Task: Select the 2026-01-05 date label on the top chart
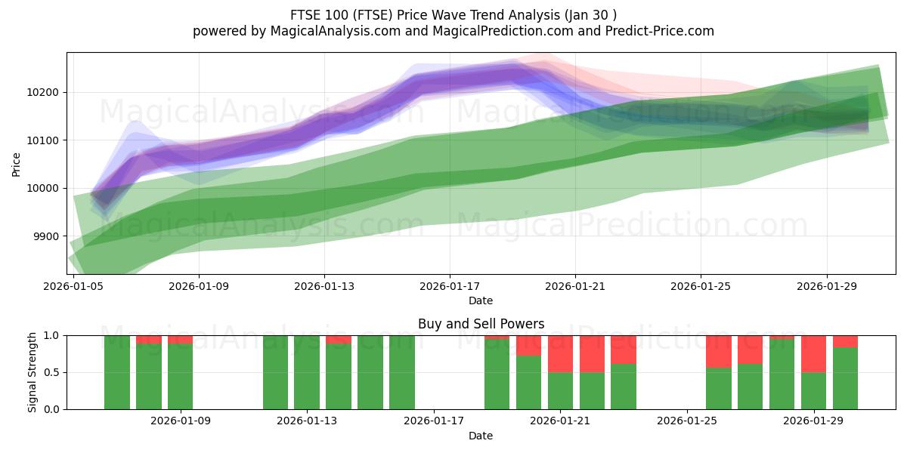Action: [73, 287]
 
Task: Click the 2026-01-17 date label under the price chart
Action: [450, 287]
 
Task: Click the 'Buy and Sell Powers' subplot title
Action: [481, 324]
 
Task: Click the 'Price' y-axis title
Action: [17, 164]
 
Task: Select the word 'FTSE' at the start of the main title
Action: [305, 15]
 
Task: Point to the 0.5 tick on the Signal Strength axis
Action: [52, 372]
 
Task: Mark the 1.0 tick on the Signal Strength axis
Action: [52, 335]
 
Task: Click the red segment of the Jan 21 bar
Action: [560, 353]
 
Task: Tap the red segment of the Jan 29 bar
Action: [813, 353]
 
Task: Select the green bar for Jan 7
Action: [117, 372]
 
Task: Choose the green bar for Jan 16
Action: [402, 372]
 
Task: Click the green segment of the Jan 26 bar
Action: [719, 388]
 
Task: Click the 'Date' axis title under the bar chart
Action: [481, 436]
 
